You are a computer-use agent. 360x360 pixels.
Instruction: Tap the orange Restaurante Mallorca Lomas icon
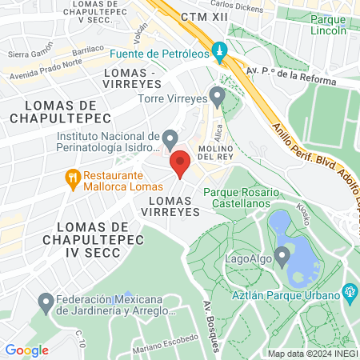coord(73,178)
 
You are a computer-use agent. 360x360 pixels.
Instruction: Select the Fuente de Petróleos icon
coord(222,53)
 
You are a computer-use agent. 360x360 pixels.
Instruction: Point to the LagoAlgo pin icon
coord(282,256)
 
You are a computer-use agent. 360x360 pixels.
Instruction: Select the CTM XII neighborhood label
coord(201,17)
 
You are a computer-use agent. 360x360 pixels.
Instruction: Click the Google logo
coord(26,350)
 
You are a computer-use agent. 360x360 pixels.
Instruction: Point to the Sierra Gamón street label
coord(29,54)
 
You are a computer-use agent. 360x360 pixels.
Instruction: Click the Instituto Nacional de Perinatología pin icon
coord(170,140)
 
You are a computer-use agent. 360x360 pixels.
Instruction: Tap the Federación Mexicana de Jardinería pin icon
coord(46,303)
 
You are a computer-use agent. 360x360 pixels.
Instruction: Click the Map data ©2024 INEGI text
coord(312,353)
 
